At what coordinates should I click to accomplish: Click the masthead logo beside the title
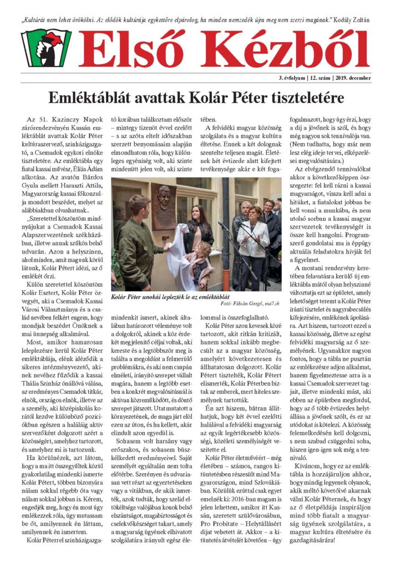pyautogui.click(x=46, y=48)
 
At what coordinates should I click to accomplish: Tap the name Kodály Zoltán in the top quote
pyautogui.click(x=362, y=19)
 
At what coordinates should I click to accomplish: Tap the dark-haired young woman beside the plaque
pyautogui.click(x=199, y=227)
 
